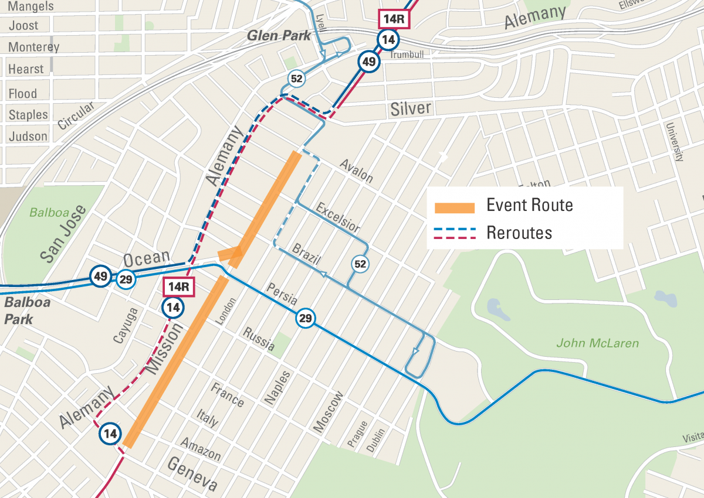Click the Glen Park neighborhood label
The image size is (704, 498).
pos(279,36)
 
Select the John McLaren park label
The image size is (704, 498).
pos(597,343)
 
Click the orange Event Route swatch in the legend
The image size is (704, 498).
pos(454,207)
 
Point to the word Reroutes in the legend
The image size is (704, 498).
pos(519,233)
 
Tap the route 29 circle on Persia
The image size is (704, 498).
pos(305,319)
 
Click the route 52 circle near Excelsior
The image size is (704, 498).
pos(360,264)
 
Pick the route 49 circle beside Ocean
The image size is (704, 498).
pos(100,276)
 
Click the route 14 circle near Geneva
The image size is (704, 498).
pos(110,434)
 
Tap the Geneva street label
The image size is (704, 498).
pos(192,473)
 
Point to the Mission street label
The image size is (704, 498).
pos(163,349)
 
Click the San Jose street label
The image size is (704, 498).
pos(63,234)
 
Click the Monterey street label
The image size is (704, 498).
pos(33,47)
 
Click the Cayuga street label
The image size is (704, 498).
pos(124,325)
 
